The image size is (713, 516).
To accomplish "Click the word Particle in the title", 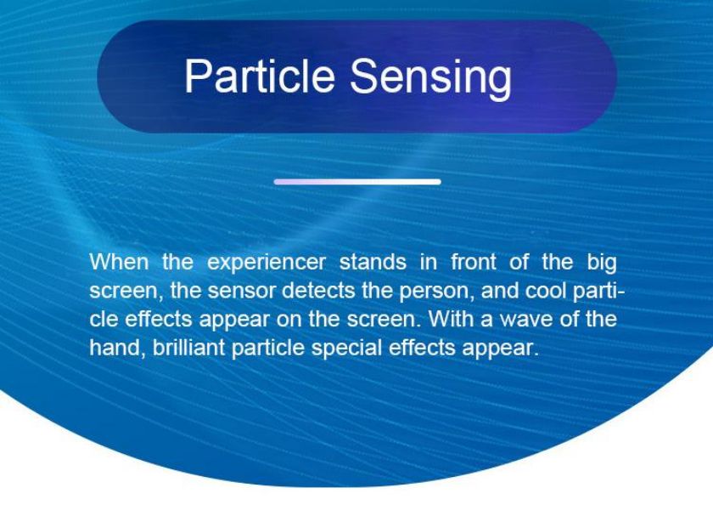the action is point(260,76).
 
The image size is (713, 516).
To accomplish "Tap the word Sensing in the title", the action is point(430,79).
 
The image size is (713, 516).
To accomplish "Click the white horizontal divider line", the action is point(357,182).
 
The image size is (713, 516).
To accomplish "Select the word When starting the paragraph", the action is point(119,262).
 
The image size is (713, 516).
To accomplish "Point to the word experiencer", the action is point(267,264).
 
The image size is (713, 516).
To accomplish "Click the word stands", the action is point(373,262).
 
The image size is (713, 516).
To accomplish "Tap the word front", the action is point(474,262).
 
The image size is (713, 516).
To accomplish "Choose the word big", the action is point(602,264).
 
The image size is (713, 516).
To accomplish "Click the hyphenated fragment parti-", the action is point(600,292).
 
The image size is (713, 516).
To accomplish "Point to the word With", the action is point(452,318).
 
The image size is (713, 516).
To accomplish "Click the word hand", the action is point(118,348).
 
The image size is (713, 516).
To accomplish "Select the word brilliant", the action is point(188,348).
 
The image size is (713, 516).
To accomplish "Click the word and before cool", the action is point(500,290).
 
